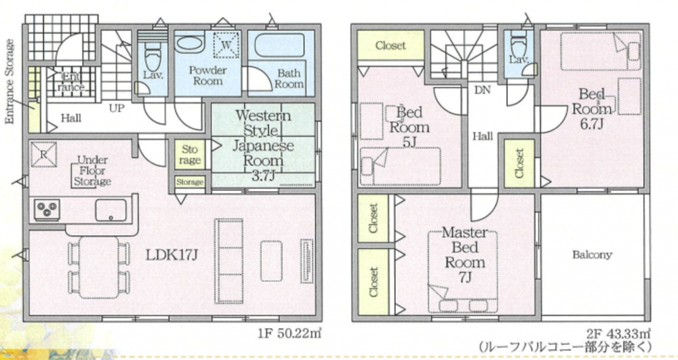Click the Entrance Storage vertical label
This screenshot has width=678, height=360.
tap(10, 81)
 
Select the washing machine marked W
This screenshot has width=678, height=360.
tap(226, 45)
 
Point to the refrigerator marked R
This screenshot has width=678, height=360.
tap(43, 155)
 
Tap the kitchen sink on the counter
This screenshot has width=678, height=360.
tap(111, 210)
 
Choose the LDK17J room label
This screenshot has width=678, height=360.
tap(172, 254)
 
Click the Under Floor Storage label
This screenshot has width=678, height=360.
tap(92, 171)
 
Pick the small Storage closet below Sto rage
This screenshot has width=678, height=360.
tap(190, 182)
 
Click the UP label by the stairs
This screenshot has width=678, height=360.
tap(117, 108)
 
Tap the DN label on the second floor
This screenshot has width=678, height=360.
tap(483, 90)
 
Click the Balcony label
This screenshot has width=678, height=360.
tap(592, 254)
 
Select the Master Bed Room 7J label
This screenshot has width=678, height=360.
tap(465, 255)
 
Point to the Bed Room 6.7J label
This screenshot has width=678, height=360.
tap(592, 108)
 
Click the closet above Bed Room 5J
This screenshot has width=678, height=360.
tap(391, 45)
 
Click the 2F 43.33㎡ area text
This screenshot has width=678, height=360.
tap(618, 334)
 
